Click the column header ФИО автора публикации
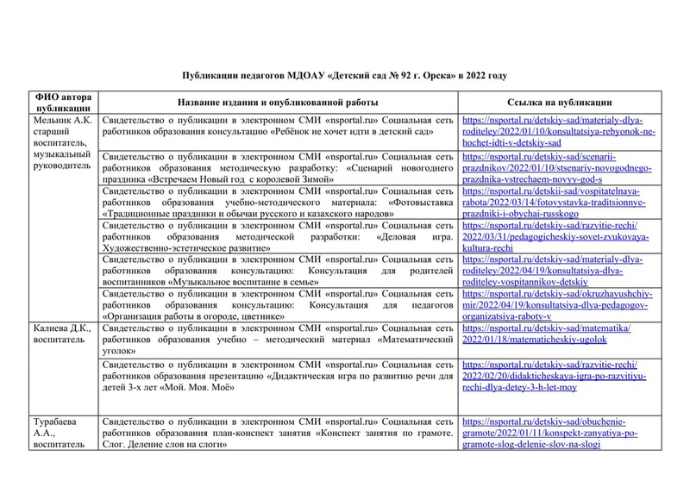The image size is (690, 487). tap(62, 102)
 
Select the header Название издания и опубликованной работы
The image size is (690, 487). tap(280, 102)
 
